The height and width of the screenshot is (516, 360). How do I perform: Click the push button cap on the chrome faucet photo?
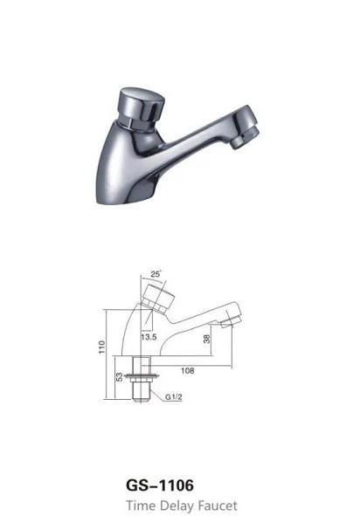pos(141,107)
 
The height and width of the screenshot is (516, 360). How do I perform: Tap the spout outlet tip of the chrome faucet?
pos(246,138)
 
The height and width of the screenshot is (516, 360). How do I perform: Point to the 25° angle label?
pos(156,274)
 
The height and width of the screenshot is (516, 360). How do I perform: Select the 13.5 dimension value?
pos(149,337)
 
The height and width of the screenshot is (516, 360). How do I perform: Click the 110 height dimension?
pos(101,347)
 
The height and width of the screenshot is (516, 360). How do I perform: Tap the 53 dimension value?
pos(120,377)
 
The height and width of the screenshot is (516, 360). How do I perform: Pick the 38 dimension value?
pos(206,339)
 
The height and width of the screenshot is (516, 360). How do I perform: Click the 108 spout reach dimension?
pos(187,370)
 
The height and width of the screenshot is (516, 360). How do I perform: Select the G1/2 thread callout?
pos(174,397)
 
